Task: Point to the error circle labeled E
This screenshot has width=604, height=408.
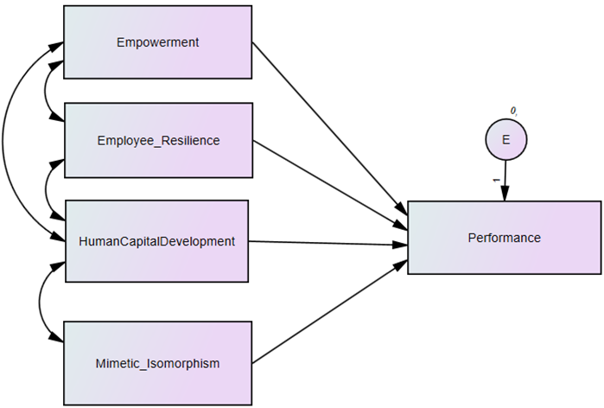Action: click(505, 138)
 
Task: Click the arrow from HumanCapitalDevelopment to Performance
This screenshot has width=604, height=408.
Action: click(328, 243)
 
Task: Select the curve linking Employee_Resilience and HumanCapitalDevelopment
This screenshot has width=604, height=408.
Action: click(48, 188)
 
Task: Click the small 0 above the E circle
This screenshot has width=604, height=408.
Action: click(512, 111)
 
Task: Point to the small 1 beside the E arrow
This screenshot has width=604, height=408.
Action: click(496, 181)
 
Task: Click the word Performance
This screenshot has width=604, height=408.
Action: click(504, 238)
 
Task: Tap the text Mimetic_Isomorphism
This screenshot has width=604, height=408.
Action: click(157, 364)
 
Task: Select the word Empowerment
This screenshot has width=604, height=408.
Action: click(157, 42)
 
